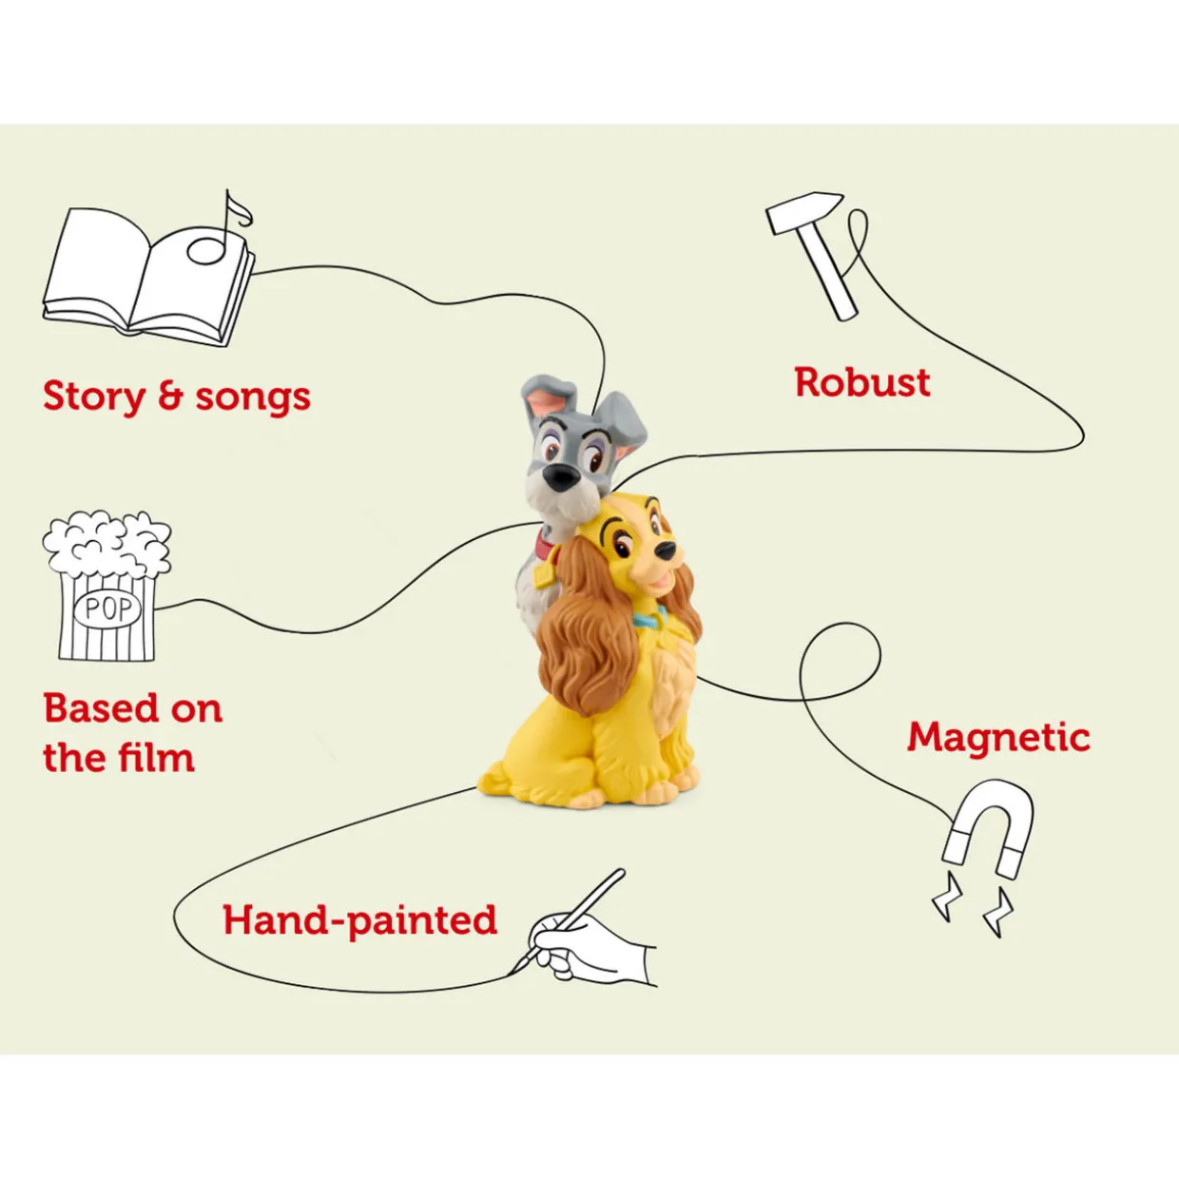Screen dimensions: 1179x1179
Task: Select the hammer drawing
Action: click(810, 255)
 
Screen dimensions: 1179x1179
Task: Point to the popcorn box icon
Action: click(106, 587)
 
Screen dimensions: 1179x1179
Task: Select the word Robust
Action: click(862, 382)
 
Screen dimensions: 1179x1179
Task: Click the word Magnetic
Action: click(998, 738)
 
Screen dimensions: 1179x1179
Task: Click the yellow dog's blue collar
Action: click(649, 619)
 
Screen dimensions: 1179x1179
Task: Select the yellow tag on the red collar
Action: click(542, 576)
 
